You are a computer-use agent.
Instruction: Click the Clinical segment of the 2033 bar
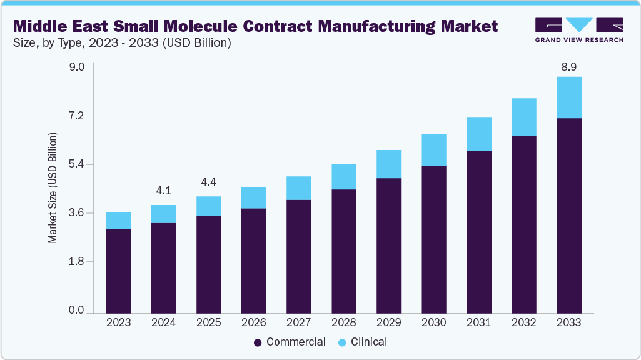[x=569, y=97]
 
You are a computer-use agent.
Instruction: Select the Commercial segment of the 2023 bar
[x=119, y=270]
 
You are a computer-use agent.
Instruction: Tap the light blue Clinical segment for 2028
[x=344, y=177]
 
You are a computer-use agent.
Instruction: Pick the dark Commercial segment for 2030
[x=434, y=239]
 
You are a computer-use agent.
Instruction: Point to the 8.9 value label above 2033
[x=569, y=66]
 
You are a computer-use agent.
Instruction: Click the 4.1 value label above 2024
[x=164, y=191]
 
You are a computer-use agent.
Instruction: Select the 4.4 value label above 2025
[x=209, y=182]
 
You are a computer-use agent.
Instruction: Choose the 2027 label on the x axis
[x=299, y=323]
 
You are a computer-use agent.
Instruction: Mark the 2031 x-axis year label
[x=479, y=323]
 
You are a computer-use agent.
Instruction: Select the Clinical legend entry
[x=363, y=342]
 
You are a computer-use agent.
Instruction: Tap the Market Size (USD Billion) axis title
[x=53, y=188]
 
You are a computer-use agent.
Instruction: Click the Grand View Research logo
[x=579, y=29]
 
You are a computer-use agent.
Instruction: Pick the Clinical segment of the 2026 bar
[x=254, y=197]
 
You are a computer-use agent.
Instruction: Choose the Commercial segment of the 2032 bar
[x=524, y=224]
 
